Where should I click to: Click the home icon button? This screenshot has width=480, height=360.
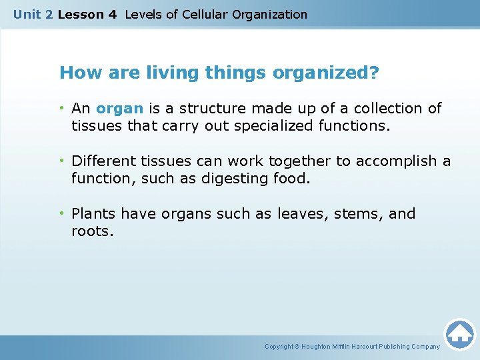459,333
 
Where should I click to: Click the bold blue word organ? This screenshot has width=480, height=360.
119,109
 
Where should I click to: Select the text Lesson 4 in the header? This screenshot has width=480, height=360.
87,14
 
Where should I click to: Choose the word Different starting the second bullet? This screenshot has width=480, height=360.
104,161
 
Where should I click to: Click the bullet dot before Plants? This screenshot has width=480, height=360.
63,214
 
